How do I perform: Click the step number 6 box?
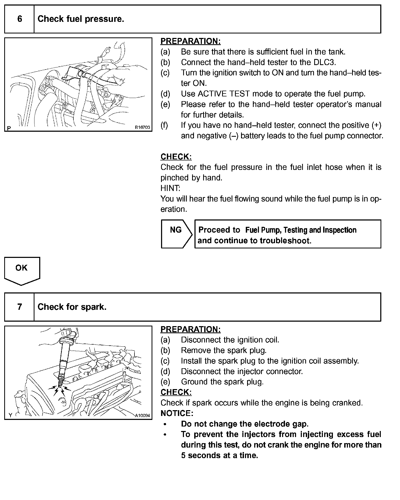[x=19, y=19]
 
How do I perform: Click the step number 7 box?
[x=19, y=307]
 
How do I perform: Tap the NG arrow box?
[x=176, y=234]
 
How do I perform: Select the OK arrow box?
[x=22, y=270]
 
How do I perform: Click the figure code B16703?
[x=142, y=128]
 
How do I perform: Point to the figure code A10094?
[x=142, y=415]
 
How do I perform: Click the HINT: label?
[x=170, y=188]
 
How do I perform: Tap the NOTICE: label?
[x=177, y=413]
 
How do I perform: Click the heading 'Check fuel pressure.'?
[x=81, y=19]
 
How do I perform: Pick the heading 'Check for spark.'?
[x=72, y=307]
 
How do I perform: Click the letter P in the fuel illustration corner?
[x=9, y=128]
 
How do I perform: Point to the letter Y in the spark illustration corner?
[x=11, y=415]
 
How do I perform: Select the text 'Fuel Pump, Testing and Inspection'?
[x=301, y=230]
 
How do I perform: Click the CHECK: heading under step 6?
[x=176, y=157]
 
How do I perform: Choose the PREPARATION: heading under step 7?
[x=191, y=329]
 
